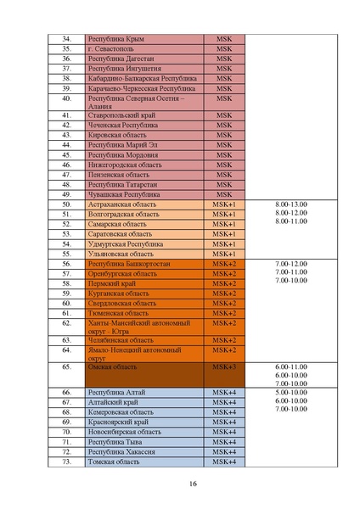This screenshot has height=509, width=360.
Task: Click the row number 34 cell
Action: (66, 39)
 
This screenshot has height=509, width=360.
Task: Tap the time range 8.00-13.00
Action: (291, 205)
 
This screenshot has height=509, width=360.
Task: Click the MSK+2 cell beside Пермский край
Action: (223, 283)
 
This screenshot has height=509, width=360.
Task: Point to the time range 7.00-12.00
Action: (291, 265)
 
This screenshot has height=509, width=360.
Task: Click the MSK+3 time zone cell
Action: (223, 367)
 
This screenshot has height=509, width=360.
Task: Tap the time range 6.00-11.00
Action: (291, 366)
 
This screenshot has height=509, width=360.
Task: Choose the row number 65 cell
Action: (66, 367)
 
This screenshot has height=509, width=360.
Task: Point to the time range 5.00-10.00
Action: (291, 393)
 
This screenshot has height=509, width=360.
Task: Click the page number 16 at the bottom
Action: (194, 484)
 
